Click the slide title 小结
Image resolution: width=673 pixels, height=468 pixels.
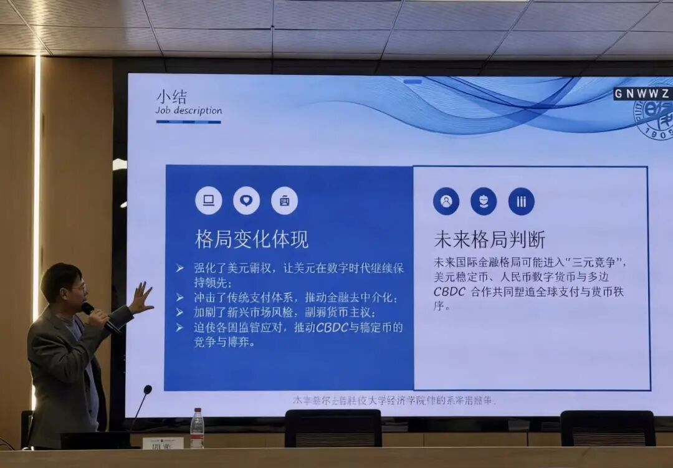pyautogui.click(x=171, y=97)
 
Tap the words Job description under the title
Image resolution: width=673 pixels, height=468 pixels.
pyautogui.click(x=188, y=111)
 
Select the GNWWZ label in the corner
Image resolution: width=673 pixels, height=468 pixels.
pyautogui.click(x=642, y=94)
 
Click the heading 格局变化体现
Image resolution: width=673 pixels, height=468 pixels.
pyautogui.click(x=252, y=239)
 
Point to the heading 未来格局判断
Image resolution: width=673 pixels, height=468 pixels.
pyautogui.click(x=489, y=239)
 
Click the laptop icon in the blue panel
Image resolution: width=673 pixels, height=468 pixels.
pyautogui.click(x=209, y=201)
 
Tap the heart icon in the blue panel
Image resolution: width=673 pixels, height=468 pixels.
pyautogui.click(x=246, y=201)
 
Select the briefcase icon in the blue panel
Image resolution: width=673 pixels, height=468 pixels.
pyautogui.click(x=284, y=201)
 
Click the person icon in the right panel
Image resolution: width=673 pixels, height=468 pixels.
pyautogui.click(x=446, y=201)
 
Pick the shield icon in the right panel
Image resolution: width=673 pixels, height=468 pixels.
pyautogui.click(x=484, y=201)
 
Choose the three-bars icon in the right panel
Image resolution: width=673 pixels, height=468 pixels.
pyautogui.click(x=521, y=201)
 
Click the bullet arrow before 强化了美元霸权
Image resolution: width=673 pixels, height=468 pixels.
pyautogui.click(x=179, y=268)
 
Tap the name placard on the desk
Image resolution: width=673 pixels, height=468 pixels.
pyautogui.click(x=163, y=443)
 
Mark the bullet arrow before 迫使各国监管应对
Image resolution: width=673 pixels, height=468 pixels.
pyautogui.click(x=179, y=327)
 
